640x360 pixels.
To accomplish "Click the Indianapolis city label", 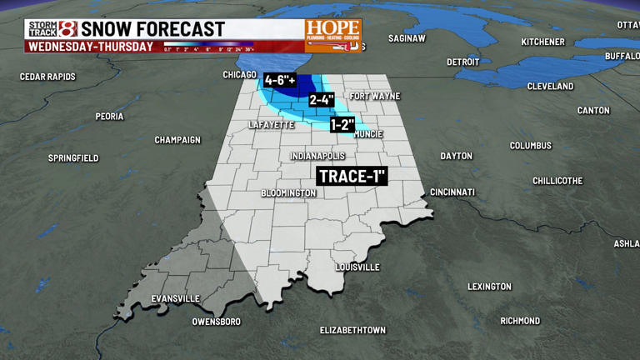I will pos(317,157).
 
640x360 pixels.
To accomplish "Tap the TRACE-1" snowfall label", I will pos(352,177).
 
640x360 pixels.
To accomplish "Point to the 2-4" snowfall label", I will pos(322,100).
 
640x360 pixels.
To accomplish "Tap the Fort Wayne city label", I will pos(374,97).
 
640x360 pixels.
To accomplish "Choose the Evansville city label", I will pos(175,299).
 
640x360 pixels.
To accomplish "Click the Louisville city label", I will pos(357,267).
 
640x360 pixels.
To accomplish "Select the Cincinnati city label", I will pos(452,192).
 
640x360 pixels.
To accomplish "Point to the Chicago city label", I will pos(239,75).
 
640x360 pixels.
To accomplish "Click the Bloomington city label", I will pos(288,193).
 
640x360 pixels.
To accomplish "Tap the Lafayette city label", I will pos(272,125).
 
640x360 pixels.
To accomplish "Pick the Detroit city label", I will pos(462,62).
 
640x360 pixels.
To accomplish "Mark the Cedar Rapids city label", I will pos(47,77).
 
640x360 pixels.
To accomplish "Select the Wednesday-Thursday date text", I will pos(91,47).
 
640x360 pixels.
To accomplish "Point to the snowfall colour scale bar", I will pos(207,44).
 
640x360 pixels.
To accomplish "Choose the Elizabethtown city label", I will pos(352,331).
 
